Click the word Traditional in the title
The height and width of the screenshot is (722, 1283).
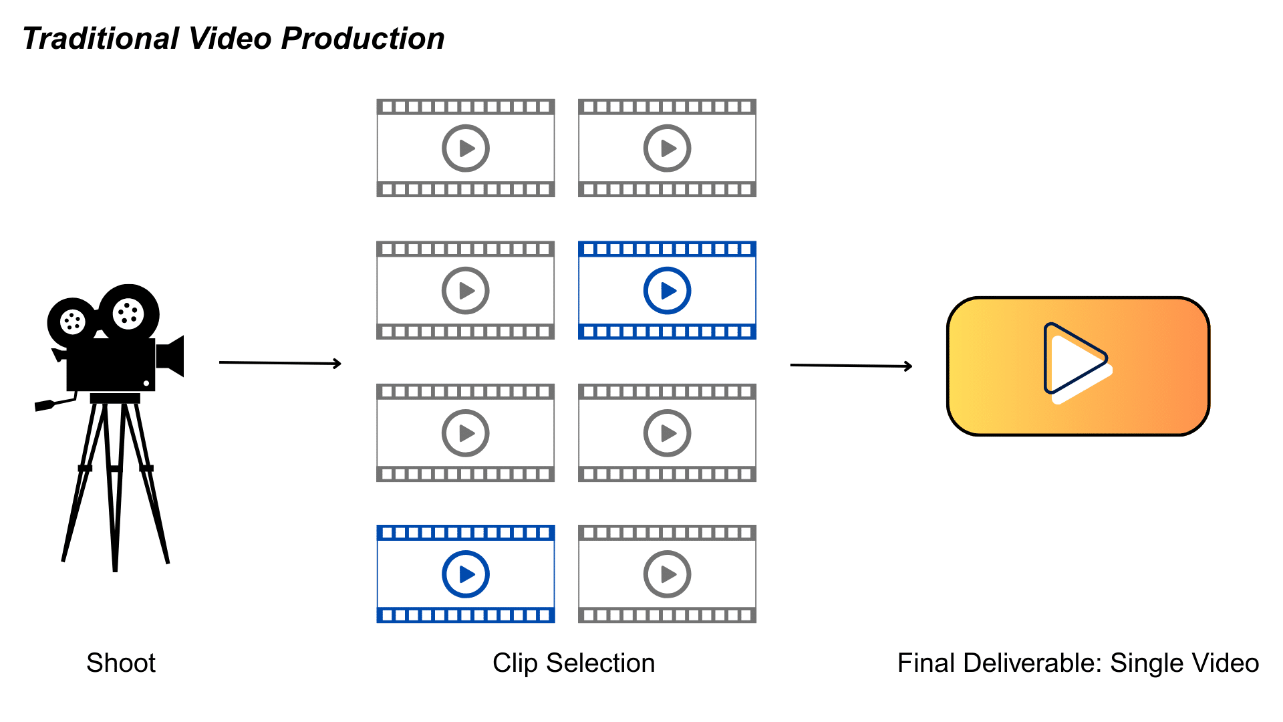(101, 39)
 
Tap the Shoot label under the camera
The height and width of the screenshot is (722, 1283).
(121, 663)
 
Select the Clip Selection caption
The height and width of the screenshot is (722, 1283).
(573, 663)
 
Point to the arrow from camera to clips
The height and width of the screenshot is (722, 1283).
(280, 363)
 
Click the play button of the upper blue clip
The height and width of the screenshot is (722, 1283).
(667, 291)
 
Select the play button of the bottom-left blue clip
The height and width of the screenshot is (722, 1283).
(466, 574)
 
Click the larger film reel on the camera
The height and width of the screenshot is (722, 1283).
(129, 313)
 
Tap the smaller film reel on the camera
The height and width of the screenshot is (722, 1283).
(72, 322)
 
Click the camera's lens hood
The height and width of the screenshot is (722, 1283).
(172, 356)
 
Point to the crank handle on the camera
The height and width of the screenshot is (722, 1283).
(53, 404)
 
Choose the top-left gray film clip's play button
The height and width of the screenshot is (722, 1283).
(466, 148)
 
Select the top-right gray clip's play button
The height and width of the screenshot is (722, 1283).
(667, 148)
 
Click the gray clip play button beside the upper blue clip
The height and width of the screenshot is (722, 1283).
(466, 291)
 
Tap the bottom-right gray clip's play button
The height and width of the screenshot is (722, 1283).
(667, 574)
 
